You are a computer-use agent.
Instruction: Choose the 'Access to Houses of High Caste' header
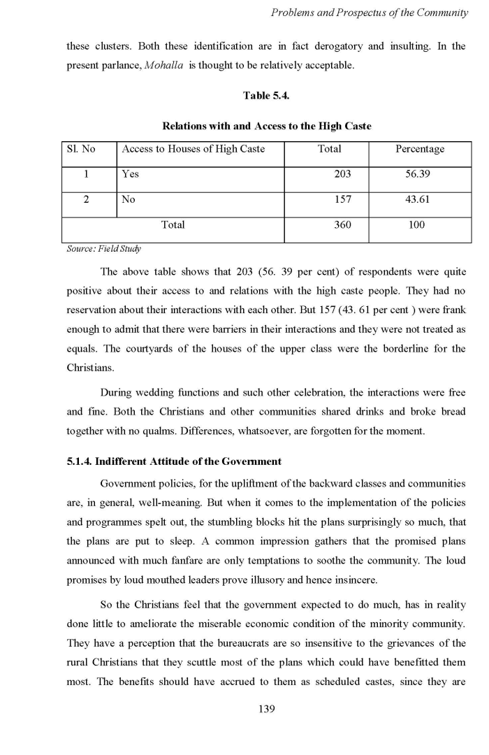click(194, 149)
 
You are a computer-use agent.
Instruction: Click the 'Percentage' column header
click(420, 149)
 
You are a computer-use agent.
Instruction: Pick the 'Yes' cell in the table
click(129, 174)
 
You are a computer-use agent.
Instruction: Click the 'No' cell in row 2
click(129, 199)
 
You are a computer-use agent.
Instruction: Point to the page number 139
click(266, 709)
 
